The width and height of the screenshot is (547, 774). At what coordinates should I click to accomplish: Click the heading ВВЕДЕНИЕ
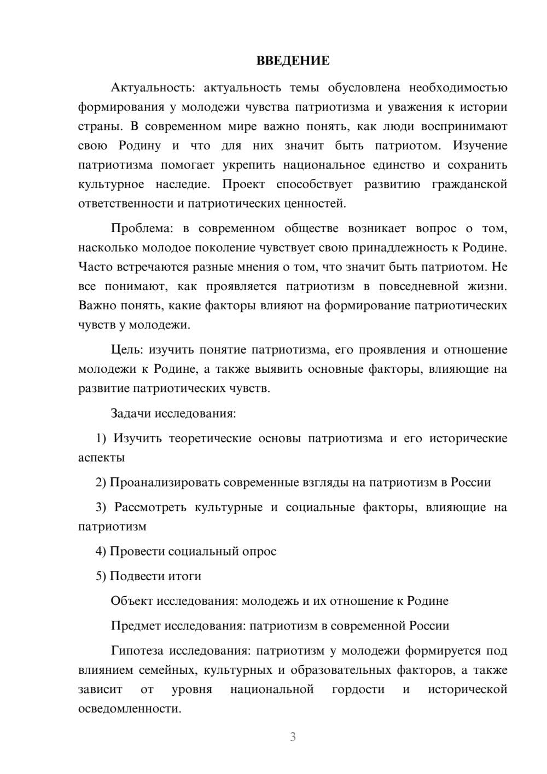293,61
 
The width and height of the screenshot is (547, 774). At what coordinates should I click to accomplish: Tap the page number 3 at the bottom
293,737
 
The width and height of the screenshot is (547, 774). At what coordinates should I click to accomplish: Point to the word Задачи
131,413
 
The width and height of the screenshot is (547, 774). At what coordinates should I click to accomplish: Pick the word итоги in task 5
185,576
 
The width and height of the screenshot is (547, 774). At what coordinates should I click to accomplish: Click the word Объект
132,601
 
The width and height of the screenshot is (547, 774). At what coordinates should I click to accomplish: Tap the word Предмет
136,626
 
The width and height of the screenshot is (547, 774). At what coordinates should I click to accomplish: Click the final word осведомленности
129,708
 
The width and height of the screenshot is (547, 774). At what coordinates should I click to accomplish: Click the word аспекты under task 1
101,458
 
